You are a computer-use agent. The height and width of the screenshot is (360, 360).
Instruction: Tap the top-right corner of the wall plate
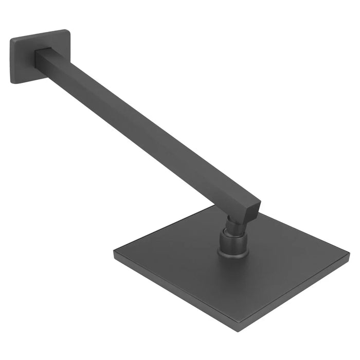67,31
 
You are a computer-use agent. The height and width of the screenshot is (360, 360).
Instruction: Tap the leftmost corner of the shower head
114,252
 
